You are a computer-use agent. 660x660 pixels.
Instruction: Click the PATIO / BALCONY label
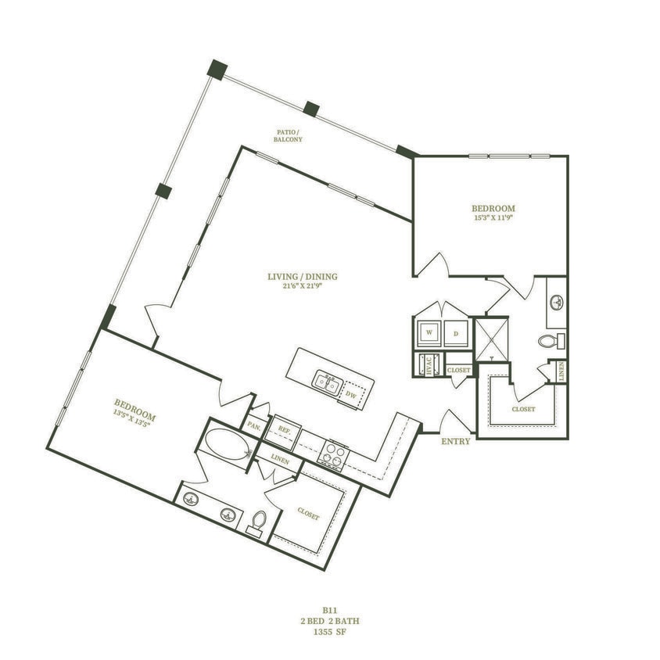(x=287, y=135)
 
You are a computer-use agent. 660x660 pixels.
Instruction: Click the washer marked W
(x=428, y=332)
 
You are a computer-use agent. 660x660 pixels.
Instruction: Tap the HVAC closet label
(x=427, y=366)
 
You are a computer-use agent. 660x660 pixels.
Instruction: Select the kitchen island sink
(x=327, y=382)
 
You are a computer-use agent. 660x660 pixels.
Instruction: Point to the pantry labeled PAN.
(x=255, y=426)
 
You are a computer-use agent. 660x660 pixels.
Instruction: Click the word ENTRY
(x=455, y=442)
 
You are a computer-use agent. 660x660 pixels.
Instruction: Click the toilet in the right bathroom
(x=551, y=341)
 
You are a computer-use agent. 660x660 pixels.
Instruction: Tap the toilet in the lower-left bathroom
(x=258, y=522)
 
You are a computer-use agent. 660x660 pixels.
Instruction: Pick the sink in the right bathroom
(x=557, y=303)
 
